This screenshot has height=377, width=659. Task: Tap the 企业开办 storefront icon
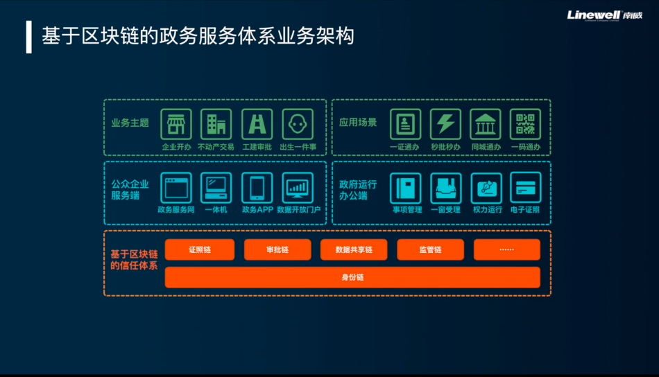[x=176, y=124]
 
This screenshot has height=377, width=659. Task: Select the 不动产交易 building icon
[x=216, y=124]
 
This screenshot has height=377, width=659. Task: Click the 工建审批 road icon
[x=257, y=124]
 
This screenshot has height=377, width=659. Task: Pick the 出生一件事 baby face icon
[x=298, y=124]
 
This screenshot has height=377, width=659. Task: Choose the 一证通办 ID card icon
[x=405, y=124]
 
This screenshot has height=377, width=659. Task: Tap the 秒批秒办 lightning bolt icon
[x=445, y=124]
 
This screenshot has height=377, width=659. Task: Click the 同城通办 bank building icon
[x=485, y=124]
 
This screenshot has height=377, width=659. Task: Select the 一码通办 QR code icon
[x=525, y=124]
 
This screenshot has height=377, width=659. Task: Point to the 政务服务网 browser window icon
[x=176, y=187]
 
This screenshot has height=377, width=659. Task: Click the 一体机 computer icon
[x=216, y=187]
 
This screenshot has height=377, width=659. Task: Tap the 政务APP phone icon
[x=257, y=187]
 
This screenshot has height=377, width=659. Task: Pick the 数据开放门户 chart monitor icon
[x=298, y=187]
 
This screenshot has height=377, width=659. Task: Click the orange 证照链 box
[x=200, y=249]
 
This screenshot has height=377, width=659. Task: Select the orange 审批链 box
[x=277, y=249]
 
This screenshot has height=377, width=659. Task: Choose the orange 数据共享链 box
[x=354, y=249]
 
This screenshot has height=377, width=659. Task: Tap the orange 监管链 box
[x=430, y=249]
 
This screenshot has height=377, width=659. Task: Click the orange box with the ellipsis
[x=507, y=249]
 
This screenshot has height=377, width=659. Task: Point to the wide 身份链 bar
[x=352, y=277]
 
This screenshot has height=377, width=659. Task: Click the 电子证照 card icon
[x=525, y=187]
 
